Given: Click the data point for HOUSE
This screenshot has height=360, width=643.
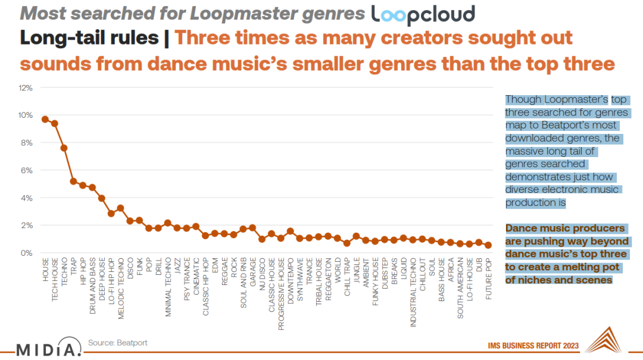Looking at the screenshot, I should point(45,119).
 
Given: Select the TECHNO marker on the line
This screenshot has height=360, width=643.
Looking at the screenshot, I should point(64,148).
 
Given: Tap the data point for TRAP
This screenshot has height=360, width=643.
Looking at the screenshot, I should point(73,181).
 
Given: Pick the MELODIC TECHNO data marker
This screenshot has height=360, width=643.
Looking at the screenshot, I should point(120,208).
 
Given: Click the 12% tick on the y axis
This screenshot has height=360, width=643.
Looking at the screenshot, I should point(26,88).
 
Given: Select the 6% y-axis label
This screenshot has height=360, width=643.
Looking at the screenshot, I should point(27,171).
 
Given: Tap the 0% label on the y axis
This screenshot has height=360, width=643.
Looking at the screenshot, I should point(27,253).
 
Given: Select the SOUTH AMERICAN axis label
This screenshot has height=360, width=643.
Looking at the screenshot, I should point(460,283).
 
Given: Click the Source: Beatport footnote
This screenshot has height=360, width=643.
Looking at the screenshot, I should point(117,343).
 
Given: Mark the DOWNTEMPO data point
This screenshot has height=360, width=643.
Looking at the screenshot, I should point(290,231).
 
